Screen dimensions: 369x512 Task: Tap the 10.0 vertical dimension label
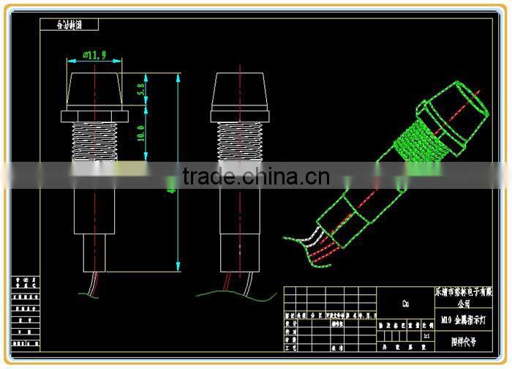[x=141, y=133]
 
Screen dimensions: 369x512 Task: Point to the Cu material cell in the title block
[x=405, y=302]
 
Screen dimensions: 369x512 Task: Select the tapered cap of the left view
[x=95, y=89]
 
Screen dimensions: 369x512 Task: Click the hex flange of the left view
[x=95, y=115]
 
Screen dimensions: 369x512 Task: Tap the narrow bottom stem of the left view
[x=95, y=253]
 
